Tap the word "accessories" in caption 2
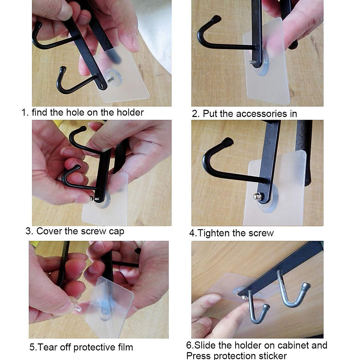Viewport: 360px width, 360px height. coord(262,114)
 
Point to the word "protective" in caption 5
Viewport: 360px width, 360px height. coord(94,347)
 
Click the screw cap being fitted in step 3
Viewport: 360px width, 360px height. coord(91,198)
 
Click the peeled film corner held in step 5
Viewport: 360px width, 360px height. coord(77,309)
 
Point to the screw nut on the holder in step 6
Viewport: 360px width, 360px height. coord(244,297)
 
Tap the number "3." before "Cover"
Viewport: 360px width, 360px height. coord(29,231)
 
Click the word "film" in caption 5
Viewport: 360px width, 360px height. coord(125,347)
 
